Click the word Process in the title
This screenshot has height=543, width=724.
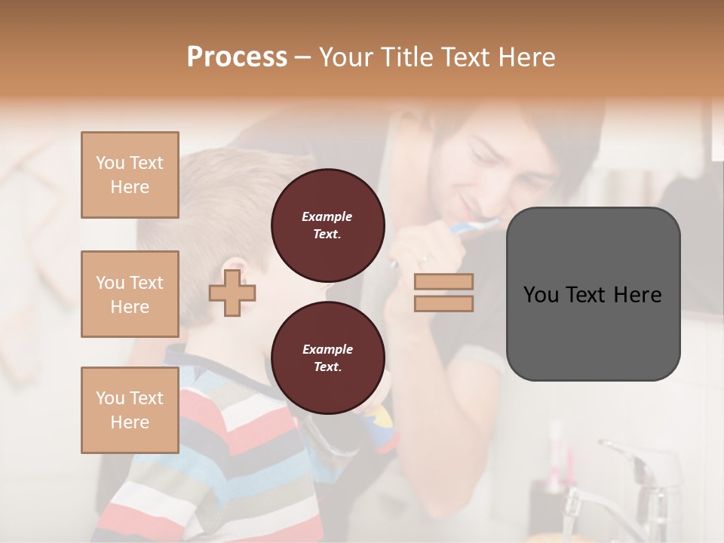pos(237,57)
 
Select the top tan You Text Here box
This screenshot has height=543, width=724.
pos(130,175)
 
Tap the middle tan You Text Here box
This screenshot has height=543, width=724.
pos(130,294)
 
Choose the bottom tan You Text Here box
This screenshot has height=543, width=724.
pos(130,410)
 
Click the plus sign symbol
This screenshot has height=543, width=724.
pos(232,293)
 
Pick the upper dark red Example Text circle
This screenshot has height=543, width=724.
pos(327,225)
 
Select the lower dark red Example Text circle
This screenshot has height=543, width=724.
pos(327,358)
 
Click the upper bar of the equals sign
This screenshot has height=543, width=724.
pos(443,282)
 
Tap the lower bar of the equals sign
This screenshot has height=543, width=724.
pos(443,304)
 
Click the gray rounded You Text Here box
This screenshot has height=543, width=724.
pos(593,294)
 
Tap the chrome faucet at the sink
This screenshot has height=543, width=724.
pos(633,475)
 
